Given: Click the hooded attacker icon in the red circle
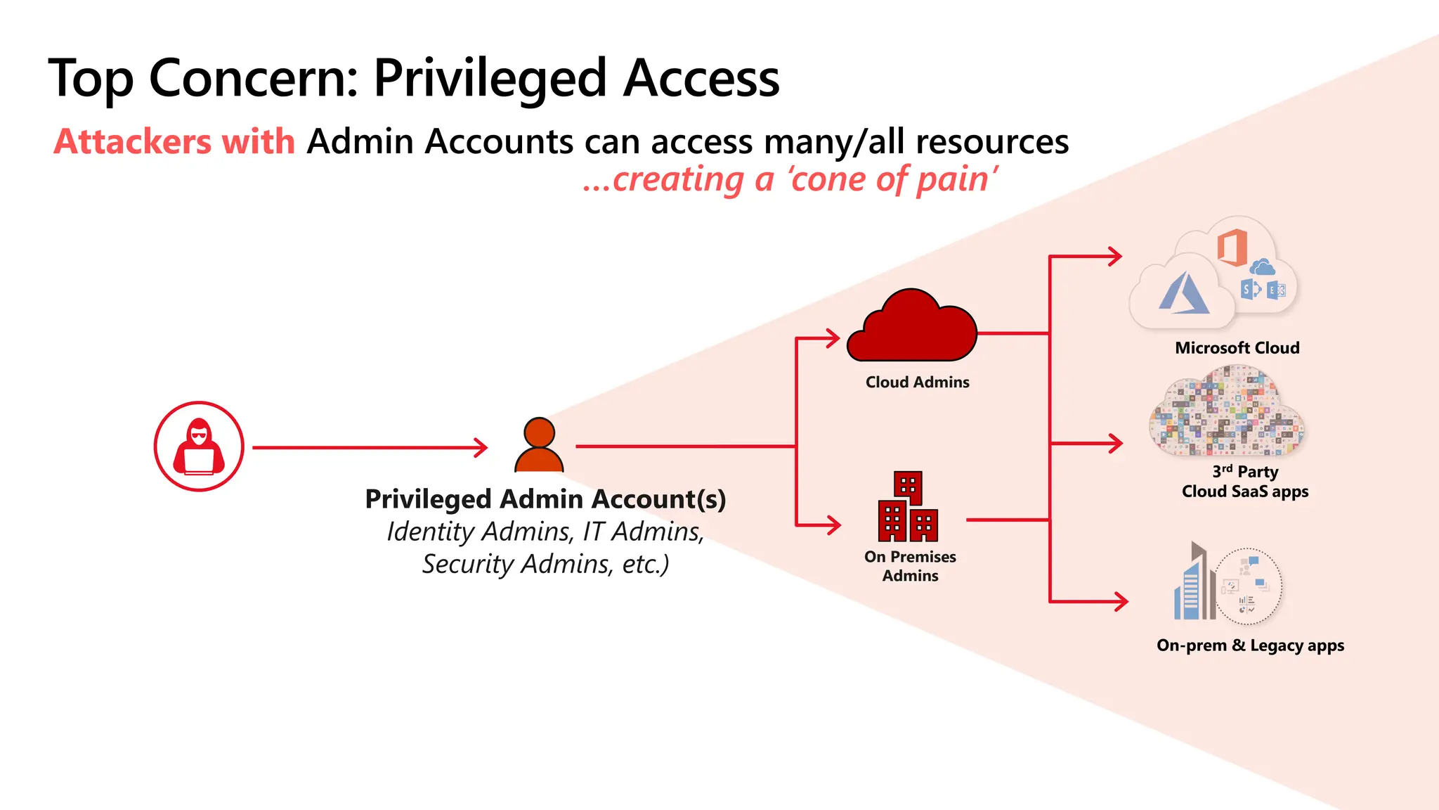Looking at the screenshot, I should coord(199,446).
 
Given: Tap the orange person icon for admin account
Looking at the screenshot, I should coord(539,446).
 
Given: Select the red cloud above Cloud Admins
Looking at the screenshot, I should coord(912,328).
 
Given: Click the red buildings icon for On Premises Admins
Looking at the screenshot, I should coord(908,507).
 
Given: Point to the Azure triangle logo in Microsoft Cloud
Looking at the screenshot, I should coord(1184,294).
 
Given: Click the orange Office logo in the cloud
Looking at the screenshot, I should coord(1232,247).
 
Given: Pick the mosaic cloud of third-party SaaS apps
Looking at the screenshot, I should coord(1227,412).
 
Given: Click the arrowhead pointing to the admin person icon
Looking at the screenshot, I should coord(481,447).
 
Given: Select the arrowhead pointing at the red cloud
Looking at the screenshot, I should coord(833,338).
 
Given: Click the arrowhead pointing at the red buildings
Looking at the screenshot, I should coord(834,525).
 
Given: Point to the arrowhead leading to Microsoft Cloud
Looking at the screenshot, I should coord(1115,257).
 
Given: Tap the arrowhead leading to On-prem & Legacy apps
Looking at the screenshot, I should coord(1121,601).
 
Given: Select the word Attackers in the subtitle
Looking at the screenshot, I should coord(132,142).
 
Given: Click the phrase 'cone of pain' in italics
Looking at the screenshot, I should coord(891,179).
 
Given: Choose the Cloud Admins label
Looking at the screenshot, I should coord(917,382).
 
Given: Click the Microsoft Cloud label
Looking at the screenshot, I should coord(1237,348).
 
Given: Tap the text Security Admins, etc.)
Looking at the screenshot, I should coord(545,565).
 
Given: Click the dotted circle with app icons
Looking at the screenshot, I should coord(1248,586).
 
